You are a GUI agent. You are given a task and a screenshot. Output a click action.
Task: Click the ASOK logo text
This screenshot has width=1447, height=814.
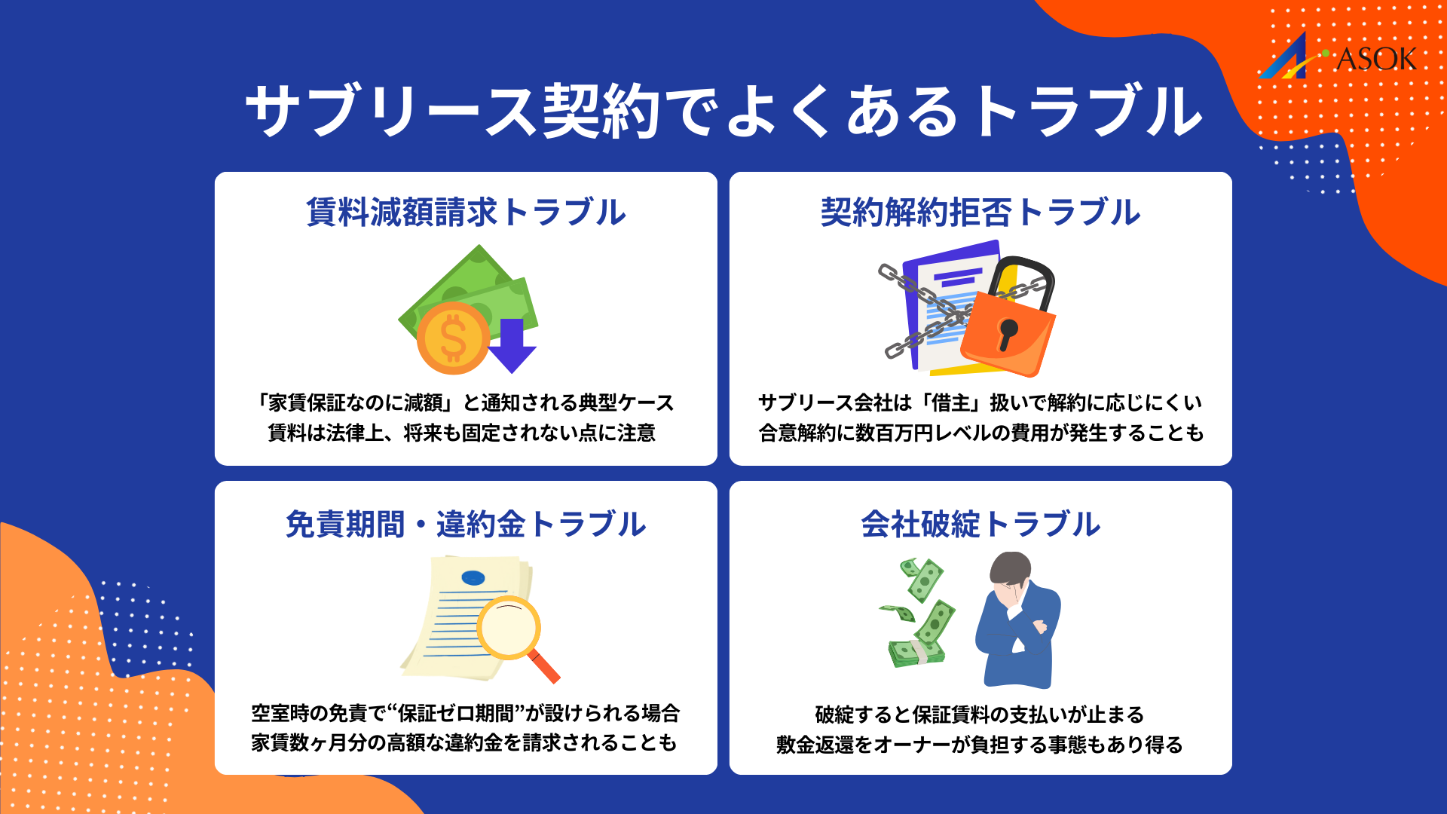point(1375,59)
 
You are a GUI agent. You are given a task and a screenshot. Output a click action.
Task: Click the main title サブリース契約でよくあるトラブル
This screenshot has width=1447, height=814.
point(723,112)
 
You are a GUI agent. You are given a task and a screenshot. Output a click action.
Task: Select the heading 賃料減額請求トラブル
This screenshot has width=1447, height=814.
point(466,213)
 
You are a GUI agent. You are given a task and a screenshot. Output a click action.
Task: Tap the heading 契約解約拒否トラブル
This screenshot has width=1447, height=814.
point(980,213)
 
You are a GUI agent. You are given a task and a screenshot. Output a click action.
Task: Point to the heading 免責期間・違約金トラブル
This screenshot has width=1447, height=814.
point(466,525)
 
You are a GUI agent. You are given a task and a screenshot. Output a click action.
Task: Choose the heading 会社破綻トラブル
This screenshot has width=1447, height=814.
point(980,525)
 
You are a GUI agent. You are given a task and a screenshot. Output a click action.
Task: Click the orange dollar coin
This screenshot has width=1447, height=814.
point(452,338)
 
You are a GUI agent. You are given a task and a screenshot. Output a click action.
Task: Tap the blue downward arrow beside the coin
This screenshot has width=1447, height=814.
point(512,345)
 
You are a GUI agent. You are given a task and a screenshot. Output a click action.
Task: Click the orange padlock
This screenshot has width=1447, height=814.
point(1008,332)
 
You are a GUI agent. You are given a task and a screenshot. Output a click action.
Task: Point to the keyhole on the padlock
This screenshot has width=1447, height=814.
point(1007,332)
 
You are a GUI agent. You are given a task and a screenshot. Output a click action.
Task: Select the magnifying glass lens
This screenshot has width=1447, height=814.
point(509,628)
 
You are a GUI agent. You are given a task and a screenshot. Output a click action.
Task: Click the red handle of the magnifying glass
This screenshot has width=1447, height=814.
point(545,667)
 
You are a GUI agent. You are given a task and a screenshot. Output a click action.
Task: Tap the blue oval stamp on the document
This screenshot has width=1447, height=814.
point(473,578)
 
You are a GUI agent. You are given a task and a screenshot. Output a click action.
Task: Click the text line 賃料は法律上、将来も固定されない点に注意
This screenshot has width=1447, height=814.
point(462,433)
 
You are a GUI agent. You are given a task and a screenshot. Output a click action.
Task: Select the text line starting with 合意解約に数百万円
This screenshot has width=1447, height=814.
point(980,433)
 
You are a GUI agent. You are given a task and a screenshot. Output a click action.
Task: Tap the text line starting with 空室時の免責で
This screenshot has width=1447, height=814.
point(465,713)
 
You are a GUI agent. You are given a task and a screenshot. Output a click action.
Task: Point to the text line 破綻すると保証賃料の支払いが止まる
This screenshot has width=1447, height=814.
point(980,714)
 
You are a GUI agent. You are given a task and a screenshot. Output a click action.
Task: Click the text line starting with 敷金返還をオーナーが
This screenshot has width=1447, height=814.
point(980,745)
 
